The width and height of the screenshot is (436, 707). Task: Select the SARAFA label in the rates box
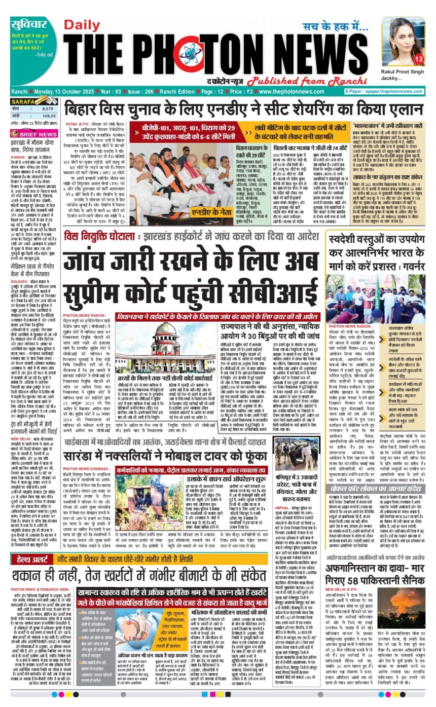23,101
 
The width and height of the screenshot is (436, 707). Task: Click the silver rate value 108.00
47,116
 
